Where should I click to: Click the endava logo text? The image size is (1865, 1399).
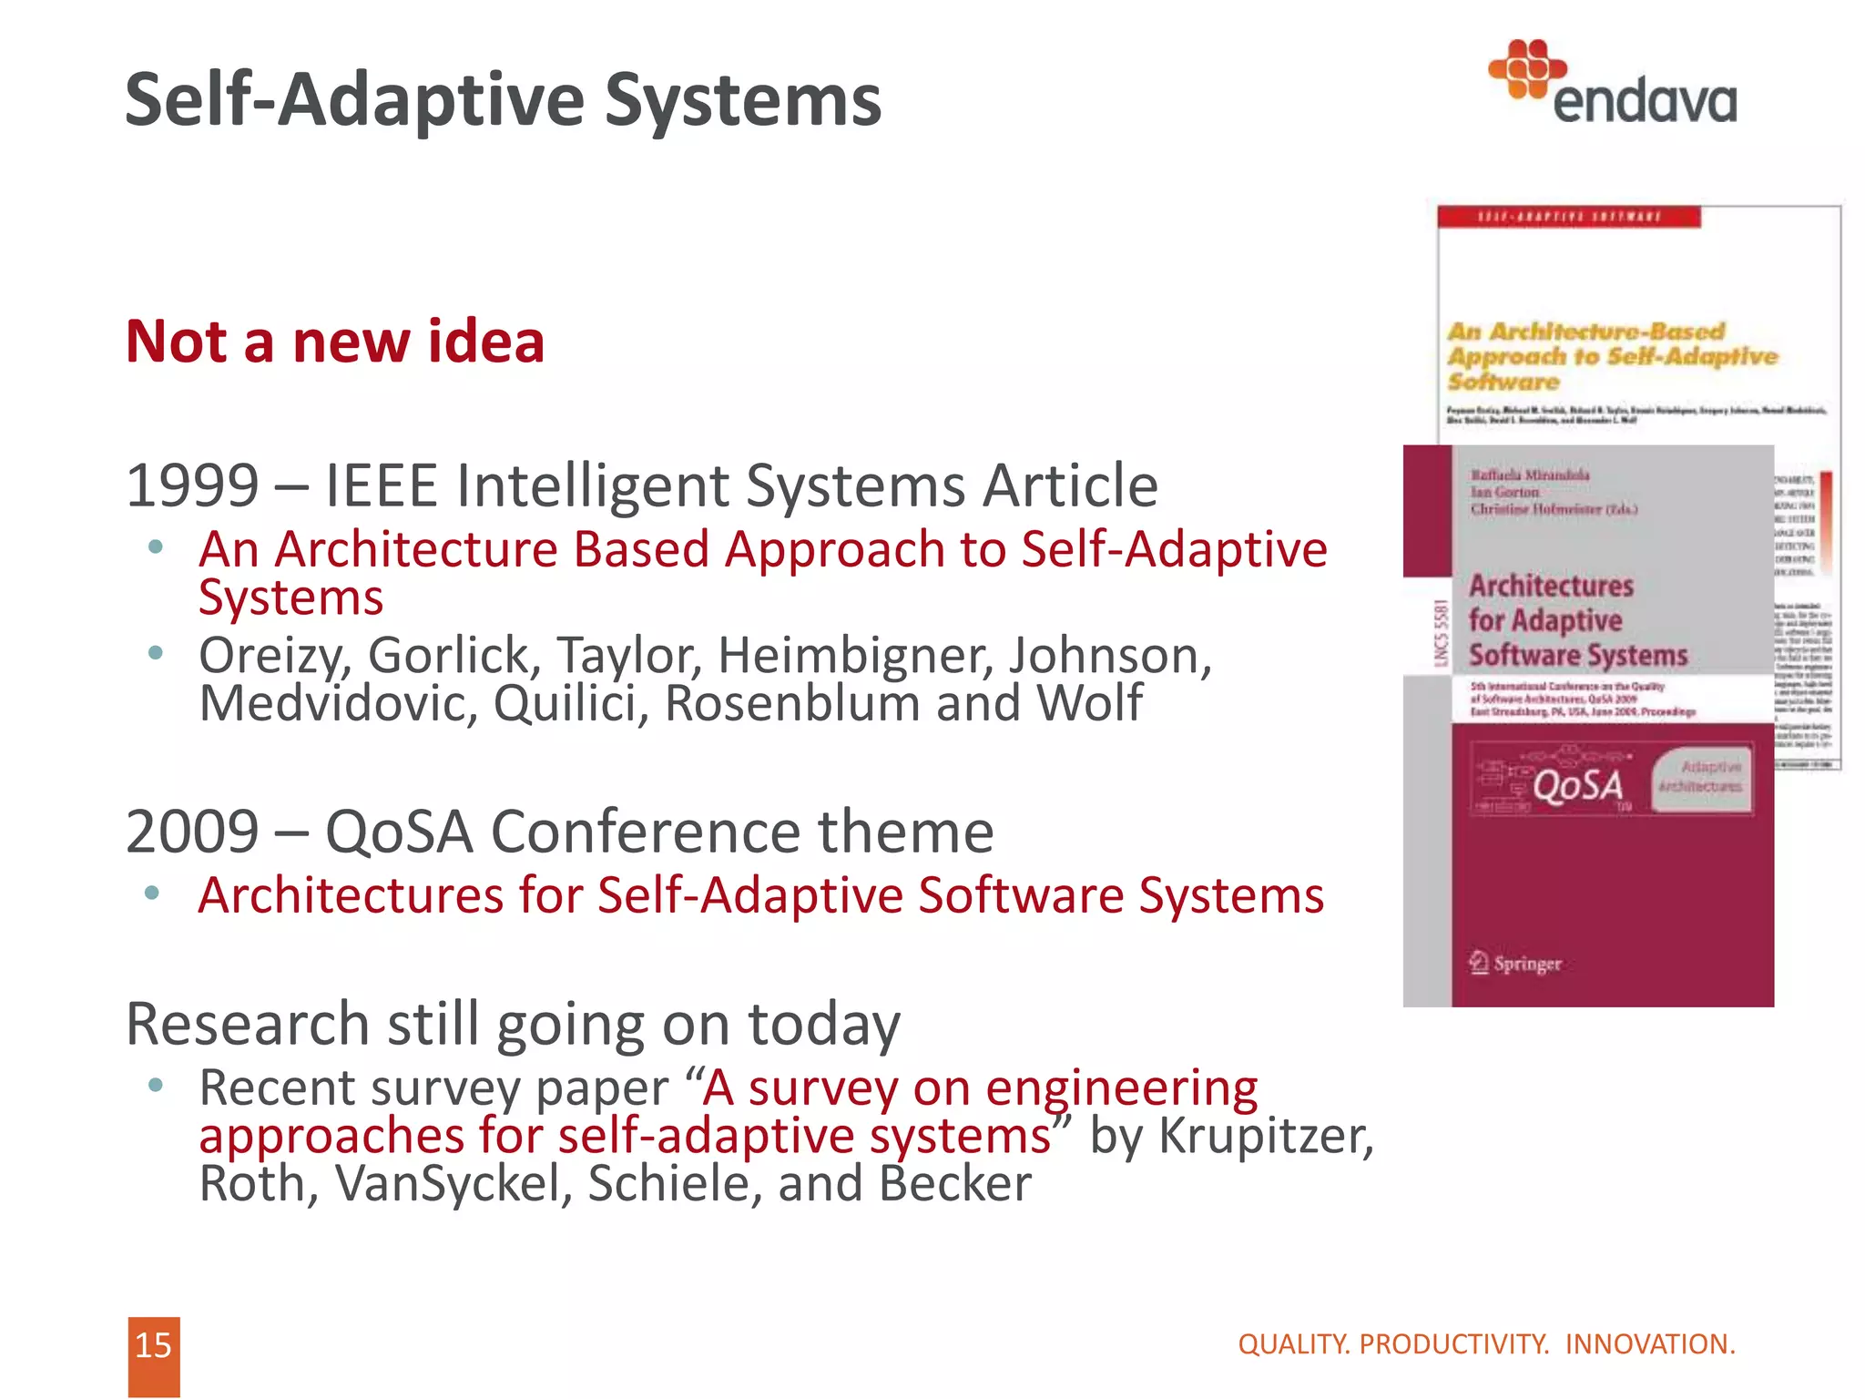(1644, 101)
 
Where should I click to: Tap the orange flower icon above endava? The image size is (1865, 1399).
(1527, 68)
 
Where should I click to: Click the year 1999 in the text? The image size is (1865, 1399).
(192, 485)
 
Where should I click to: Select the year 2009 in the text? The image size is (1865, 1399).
(192, 832)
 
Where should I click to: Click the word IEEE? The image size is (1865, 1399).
(381, 485)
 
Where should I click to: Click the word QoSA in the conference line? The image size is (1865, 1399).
(399, 832)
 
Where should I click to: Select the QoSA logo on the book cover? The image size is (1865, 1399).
(1577, 786)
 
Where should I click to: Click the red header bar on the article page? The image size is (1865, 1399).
(1568, 217)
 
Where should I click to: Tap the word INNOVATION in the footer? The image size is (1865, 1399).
(1649, 1344)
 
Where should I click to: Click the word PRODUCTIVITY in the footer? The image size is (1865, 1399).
(1453, 1344)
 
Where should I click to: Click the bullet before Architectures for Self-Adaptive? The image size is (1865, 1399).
(153, 894)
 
